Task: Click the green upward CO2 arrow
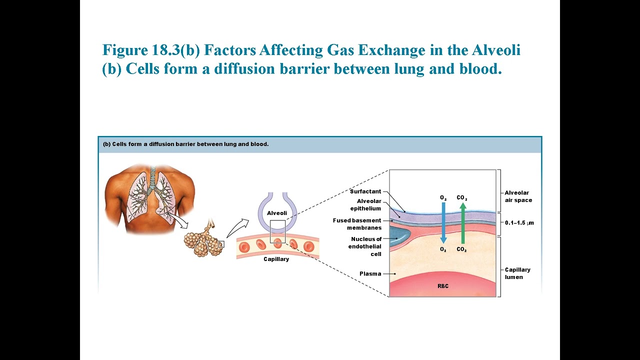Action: pyautogui.click(x=463, y=222)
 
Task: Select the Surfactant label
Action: pyautogui.click(x=365, y=191)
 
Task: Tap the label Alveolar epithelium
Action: pyautogui.click(x=365, y=205)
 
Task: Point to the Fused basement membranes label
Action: pyautogui.click(x=357, y=224)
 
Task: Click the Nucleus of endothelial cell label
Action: pyautogui.click(x=366, y=246)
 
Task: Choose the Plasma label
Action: pyautogui.click(x=370, y=274)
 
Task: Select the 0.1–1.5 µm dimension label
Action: pyautogui.click(x=519, y=223)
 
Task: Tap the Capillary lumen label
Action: pyautogui.click(x=517, y=273)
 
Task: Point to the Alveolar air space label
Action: pyautogui.click(x=518, y=196)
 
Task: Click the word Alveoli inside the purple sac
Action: pyautogui.click(x=276, y=213)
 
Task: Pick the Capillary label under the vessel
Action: pyautogui.click(x=276, y=259)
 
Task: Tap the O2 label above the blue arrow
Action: pyautogui.click(x=443, y=198)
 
